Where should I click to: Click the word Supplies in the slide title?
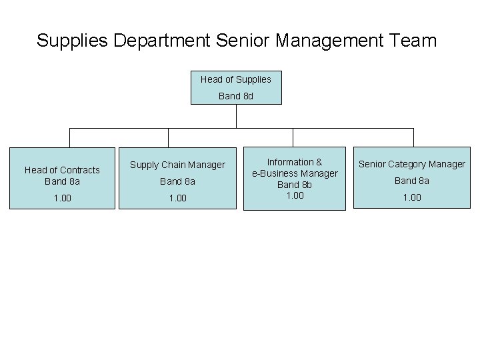pyautogui.click(x=73, y=41)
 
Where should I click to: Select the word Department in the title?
pyautogui.click(x=163, y=41)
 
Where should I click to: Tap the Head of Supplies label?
pyautogui.click(x=236, y=79)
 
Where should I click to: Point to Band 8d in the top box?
pyautogui.click(x=236, y=96)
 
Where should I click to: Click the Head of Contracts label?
pyautogui.click(x=62, y=170)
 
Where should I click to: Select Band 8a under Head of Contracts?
pyautogui.click(x=62, y=181)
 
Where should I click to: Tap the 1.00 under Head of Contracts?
pyautogui.click(x=62, y=198)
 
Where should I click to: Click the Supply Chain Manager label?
pyautogui.click(x=177, y=165)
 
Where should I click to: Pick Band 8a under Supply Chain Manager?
pyautogui.click(x=177, y=181)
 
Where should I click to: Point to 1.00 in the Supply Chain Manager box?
pyautogui.click(x=177, y=198)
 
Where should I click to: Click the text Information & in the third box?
pyautogui.click(x=295, y=162)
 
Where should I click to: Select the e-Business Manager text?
pyautogui.click(x=295, y=173)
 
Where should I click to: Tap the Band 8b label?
pyautogui.click(x=295, y=185)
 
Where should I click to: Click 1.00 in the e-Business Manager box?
pyautogui.click(x=295, y=195)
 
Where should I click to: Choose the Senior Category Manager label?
pyautogui.click(x=412, y=164)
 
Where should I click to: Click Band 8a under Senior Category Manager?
pyautogui.click(x=412, y=181)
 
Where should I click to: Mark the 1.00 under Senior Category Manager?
pyautogui.click(x=412, y=198)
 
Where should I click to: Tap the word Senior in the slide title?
pyautogui.click(x=243, y=41)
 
